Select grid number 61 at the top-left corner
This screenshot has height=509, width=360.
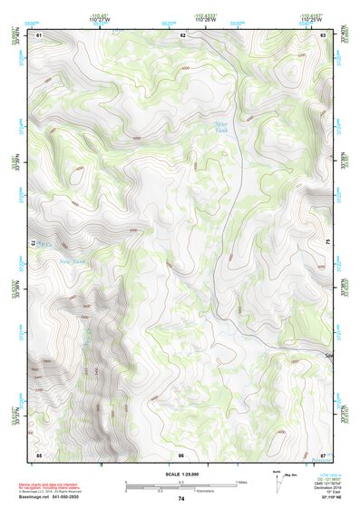[40, 34]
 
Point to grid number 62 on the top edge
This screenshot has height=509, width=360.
[183, 34]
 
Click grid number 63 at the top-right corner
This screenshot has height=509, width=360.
[324, 34]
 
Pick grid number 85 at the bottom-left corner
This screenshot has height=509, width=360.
[39, 454]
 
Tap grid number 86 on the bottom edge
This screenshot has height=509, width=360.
[181, 454]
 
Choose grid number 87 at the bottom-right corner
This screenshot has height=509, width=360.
[323, 454]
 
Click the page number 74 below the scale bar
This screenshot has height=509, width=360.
[181, 499]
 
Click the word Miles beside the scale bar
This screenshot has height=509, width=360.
[241, 482]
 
